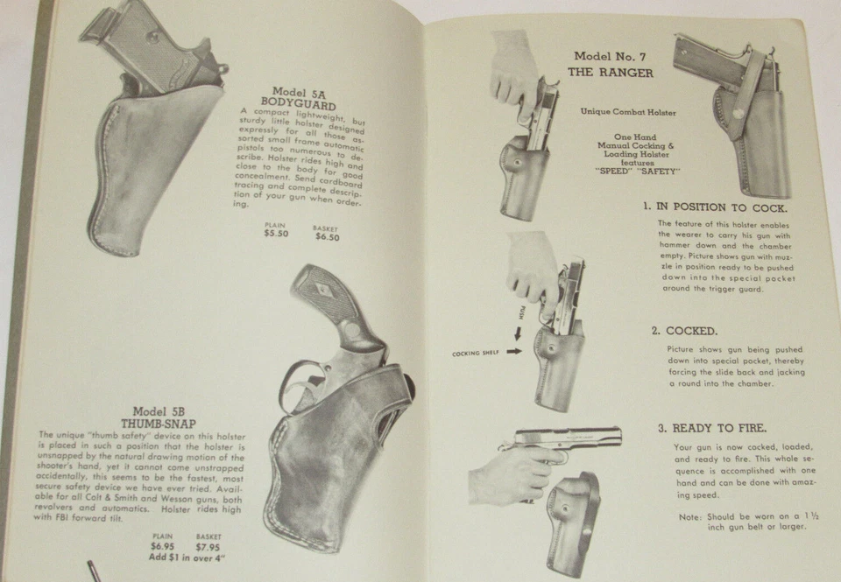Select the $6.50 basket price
pos(327,236)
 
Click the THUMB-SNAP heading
pos(171,424)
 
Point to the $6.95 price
pos(163,547)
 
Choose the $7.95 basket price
pos(208,547)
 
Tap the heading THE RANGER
pos(611,74)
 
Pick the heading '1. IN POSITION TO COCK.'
pos(715,207)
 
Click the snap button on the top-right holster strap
pos(739,112)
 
